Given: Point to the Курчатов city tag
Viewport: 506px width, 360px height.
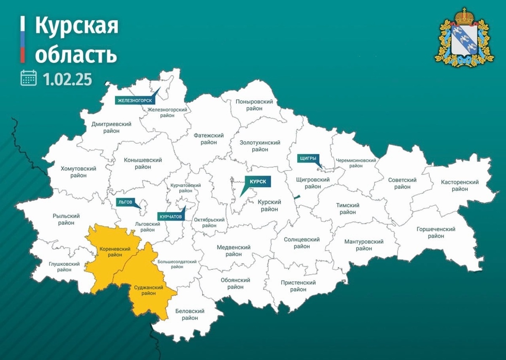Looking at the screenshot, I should click(170, 216).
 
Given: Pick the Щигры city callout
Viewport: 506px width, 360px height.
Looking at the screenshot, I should click(307, 158).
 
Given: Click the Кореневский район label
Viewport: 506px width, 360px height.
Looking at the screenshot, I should click(111, 252).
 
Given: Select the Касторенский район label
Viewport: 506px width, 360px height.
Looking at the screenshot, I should click(460, 185).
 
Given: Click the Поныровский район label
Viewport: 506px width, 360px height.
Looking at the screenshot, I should click(255, 105).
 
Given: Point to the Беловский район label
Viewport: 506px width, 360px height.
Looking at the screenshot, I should click(190, 314).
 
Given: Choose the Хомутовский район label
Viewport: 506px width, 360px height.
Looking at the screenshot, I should click(78, 172).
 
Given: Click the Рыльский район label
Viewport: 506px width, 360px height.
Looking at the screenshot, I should click(64, 219).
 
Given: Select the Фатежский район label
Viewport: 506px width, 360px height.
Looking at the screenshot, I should click(208, 139).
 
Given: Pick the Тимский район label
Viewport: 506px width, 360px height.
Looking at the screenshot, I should click(347, 208).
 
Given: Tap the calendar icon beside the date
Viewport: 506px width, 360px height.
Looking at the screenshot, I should click(29, 78).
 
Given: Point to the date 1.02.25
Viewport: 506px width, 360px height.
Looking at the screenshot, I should click(67, 79).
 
